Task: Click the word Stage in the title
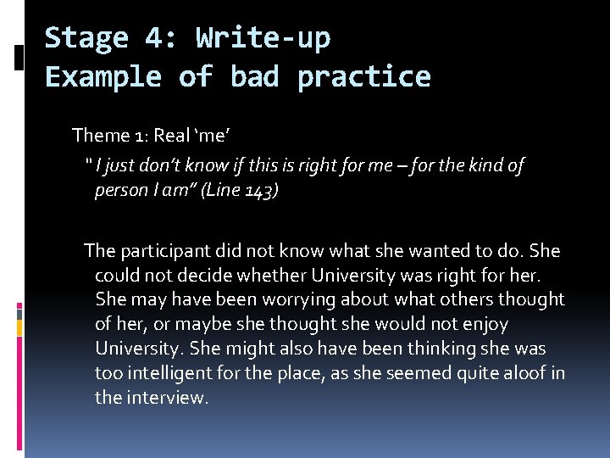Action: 86,38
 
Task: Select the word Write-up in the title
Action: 263,38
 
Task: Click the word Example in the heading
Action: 103,77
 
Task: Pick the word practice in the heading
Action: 363,77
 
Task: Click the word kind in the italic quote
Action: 485,166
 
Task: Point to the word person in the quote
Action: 121,191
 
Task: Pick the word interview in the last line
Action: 165,398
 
